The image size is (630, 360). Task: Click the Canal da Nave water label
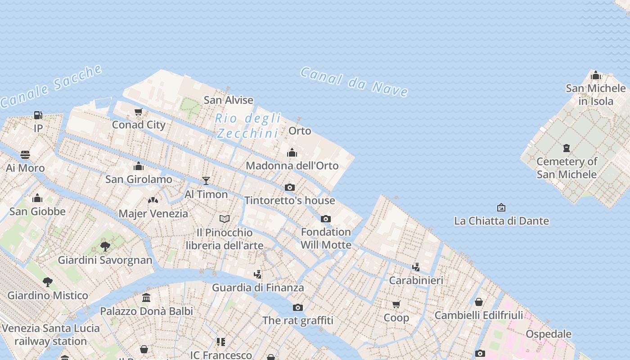click(x=354, y=81)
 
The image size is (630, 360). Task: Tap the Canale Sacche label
click(x=51, y=86)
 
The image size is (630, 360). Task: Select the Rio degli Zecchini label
click(x=248, y=126)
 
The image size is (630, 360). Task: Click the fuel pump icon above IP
click(x=38, y=115)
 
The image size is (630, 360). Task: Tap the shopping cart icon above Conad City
click(x=139, y=112)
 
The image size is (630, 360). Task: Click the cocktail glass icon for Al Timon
click(x=206, y=181)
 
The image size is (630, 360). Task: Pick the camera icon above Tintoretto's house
click(x=290, y=187)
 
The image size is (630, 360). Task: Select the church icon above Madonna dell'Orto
click(x=292, y=153)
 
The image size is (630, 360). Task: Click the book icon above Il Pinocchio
click(x=225, y=219)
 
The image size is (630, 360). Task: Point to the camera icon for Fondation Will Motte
click(x=326, y=219)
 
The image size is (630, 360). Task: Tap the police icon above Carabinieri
click(x=416, y=267)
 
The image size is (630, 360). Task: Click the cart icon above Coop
click(x=396, y=305)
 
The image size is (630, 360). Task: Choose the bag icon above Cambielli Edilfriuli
click(x=479, y=302)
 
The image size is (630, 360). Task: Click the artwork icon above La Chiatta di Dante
click(x=501, y=207)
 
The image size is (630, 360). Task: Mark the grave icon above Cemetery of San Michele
click(x=567, y=148)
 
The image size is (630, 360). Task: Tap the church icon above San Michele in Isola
click(x=596, y=75)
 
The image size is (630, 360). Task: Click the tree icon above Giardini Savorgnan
click(x=105, y=247)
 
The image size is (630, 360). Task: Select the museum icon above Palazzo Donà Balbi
click(x=146, y=297)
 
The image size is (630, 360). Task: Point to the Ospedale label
click(x=549, y=334)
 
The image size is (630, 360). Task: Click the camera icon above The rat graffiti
click(x=298, y=307)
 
